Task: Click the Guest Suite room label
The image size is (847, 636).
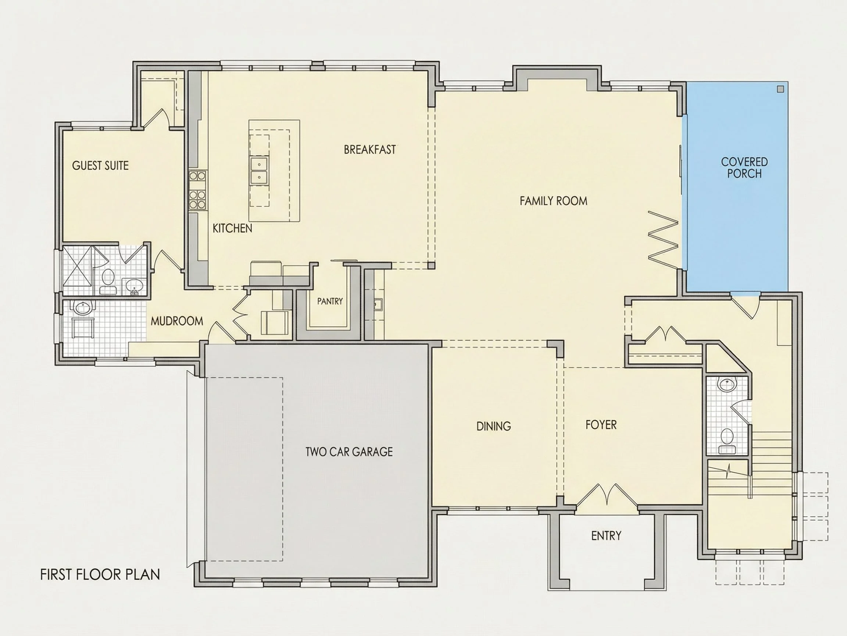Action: click(100, 166)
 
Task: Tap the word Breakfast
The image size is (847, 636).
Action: click(369, 149)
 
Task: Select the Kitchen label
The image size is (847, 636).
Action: click(232, 229)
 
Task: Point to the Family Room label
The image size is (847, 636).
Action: click(553, 201)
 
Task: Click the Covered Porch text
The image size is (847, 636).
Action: click(744, 168)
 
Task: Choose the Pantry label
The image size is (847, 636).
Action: click(330, 301)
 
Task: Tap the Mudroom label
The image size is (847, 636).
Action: click(177, 321)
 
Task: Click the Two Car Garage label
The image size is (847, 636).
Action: click(349, 452)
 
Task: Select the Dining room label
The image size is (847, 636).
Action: click(494, 426)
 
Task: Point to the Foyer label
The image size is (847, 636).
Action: click(601, 425)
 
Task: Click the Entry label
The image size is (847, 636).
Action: click(606, 536)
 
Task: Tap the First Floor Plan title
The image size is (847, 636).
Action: click(100, 574)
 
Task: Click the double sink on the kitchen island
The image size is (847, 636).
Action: click(259, 171)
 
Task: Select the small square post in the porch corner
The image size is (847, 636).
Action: click(780, 89)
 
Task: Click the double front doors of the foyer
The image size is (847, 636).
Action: click(607, 496)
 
